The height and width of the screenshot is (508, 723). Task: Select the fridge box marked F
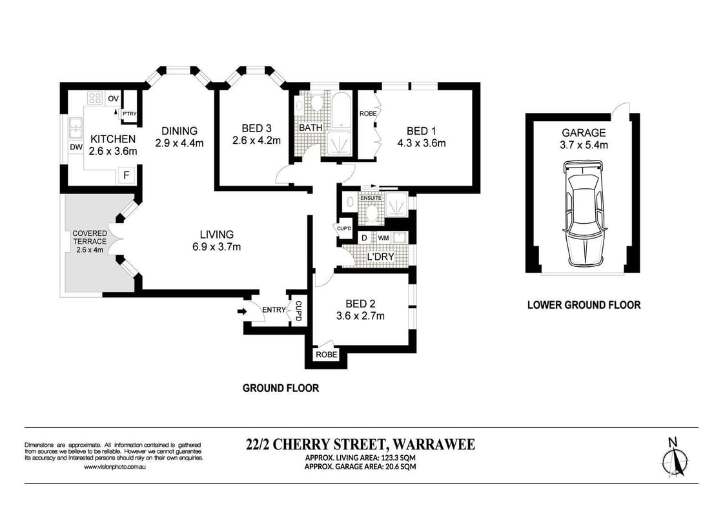tap(125, 175)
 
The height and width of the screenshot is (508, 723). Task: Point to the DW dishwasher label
tap(76, 147)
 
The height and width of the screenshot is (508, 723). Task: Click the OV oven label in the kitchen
tap(113, 98)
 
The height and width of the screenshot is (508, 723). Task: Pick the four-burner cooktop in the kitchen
tap(95, 98)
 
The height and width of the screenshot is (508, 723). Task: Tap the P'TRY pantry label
tap(129, 114)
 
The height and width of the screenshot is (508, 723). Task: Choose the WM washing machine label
tap(383, 239)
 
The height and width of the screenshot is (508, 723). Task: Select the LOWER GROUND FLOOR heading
tap(584, 305)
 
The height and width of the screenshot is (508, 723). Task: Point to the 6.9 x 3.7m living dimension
tap(216, 246)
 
